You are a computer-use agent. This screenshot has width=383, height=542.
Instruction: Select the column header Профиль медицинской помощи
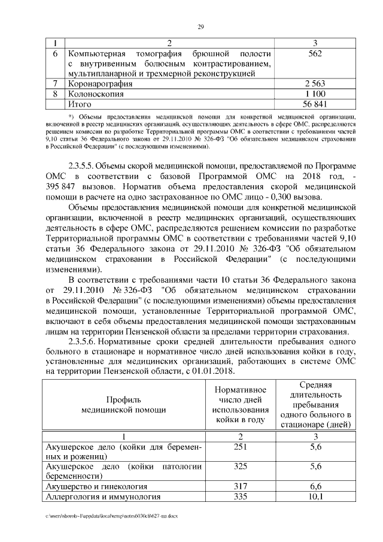point(124,404)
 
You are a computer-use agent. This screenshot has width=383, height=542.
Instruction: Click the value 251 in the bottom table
point(239,448)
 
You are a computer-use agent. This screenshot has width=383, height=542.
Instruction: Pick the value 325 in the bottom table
point(239,465)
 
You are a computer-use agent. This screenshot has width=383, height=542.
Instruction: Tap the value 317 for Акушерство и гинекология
point(239,487)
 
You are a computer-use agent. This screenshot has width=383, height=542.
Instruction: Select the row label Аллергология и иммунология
point(104,497)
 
